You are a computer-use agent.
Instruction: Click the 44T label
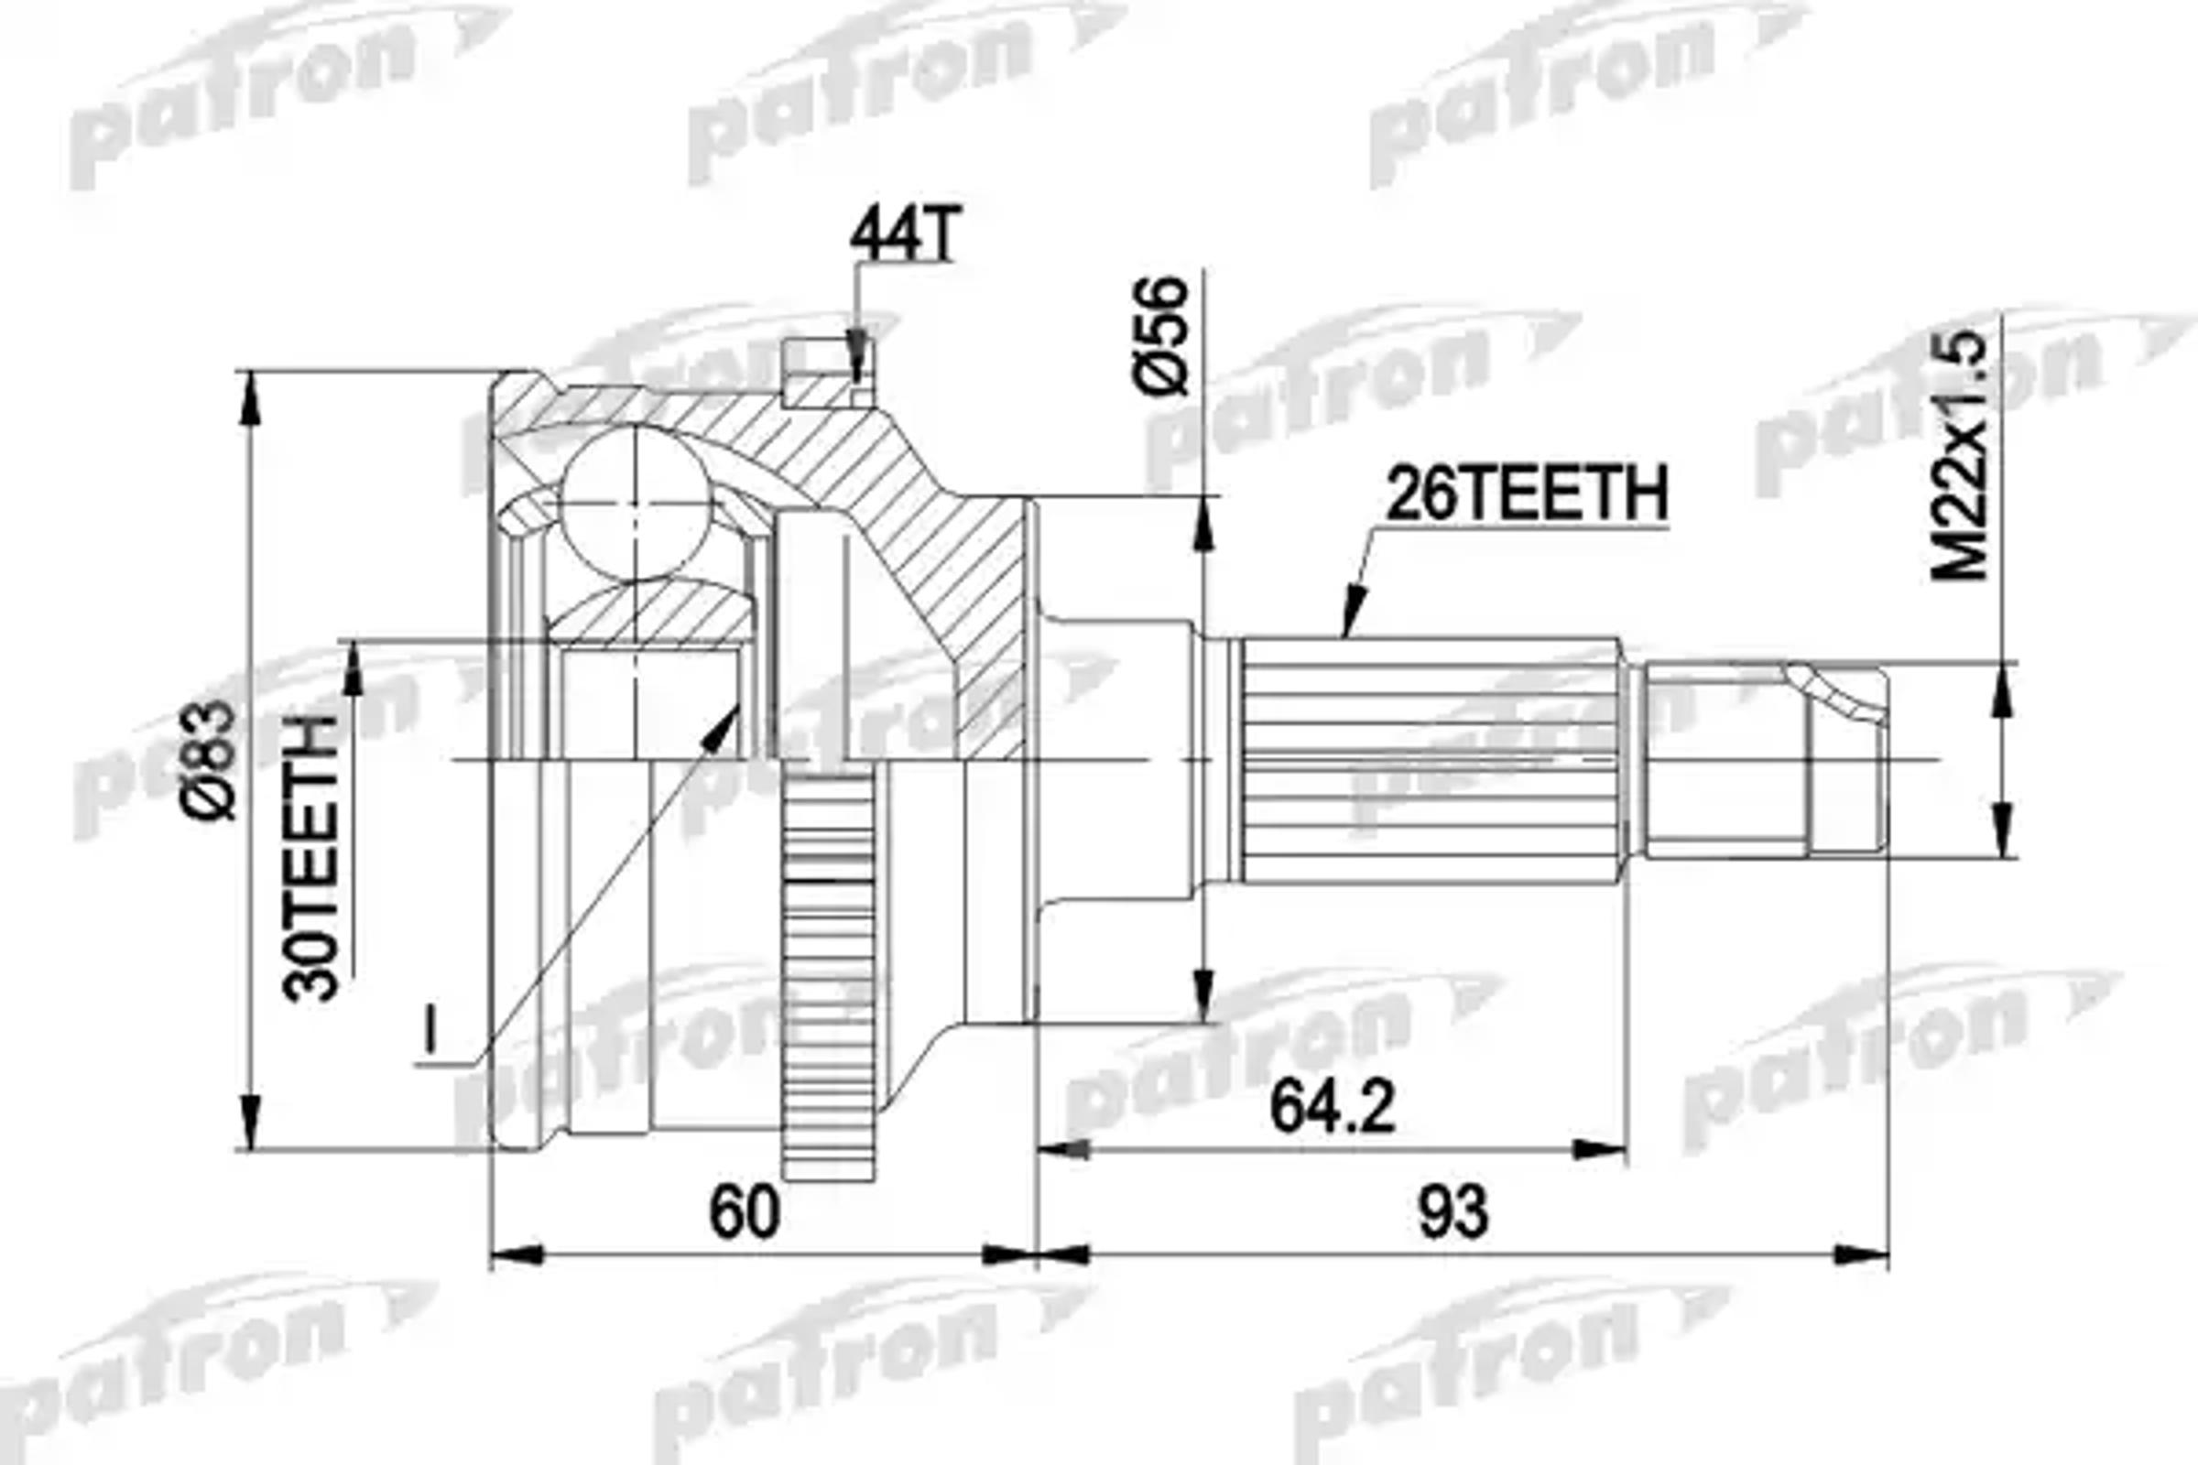(x=904, y=236)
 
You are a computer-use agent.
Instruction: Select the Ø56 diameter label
(x=1160, y=335)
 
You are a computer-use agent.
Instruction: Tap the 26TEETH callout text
(x=1526, y=495)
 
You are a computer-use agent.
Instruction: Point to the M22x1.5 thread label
(x=1961, y=458)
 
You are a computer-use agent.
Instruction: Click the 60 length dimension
(x=744, y=1212)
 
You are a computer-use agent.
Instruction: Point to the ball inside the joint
(x=636, y=503)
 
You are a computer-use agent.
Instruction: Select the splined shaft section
(x=1430, y=760)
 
